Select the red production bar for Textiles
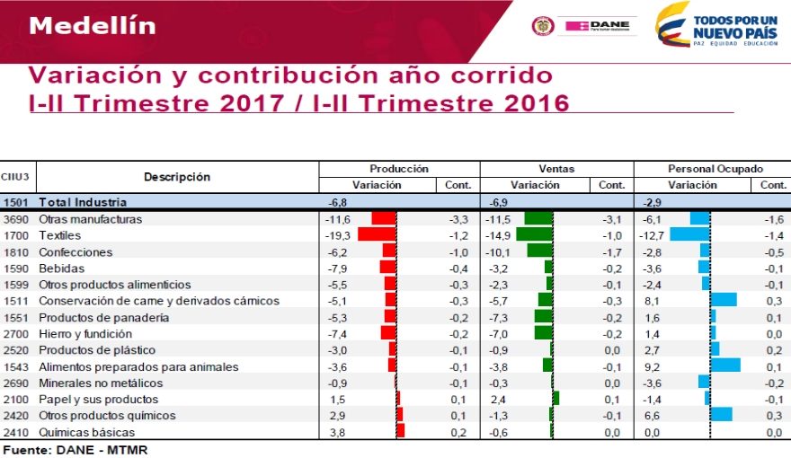(377, 235)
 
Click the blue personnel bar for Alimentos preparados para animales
(724, 366)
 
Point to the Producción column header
(399, 169)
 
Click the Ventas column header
(556, 169)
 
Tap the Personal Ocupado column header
(715, 169)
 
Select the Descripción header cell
(177, 177)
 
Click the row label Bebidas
(62, 268)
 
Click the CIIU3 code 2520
(16, 349)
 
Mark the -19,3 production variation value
(337, 235)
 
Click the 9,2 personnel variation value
(652, 366)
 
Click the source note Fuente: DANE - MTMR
(76, 449)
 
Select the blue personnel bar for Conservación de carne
(723, 300)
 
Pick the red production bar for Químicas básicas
(400, 431)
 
